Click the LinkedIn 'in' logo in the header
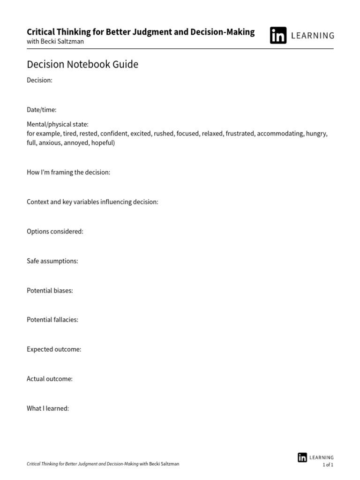pyautogui.click(x=278, y=35)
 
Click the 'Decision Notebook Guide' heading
pyautogui.click(x=82, y=64)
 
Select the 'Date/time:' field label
pyautogui.click(x=41, y=110)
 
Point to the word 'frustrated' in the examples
pyautogui.click(x=240, y=134)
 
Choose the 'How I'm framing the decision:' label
pyautogui.click(x=68, y=172)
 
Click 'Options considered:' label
pyautogui.click(x=55, y=231)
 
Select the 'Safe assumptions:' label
pyautogui.click(x=52, y=261)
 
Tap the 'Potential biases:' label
pyautogui.click(x=50, y=290)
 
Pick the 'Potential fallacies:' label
pyautogui.click(x=52, y=320)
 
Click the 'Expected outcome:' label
pyautogui.click(x=54, y=349)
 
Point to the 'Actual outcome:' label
pyautogui.click(x=50, y=379)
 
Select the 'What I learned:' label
pyautogui.click(x=48, y=408)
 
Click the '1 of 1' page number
pyautogui.click(x=328, y=465)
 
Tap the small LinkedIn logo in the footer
pyautogui.click(x=302, y=457)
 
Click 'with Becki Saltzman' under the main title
pyautogui.click(x=55, y=41)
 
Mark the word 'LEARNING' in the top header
pyautogui.click(x=313, y=36)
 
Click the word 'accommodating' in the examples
pyautogui.click(x=280, y=134)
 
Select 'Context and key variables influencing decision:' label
pyautogui.click(x=92, y=202)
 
